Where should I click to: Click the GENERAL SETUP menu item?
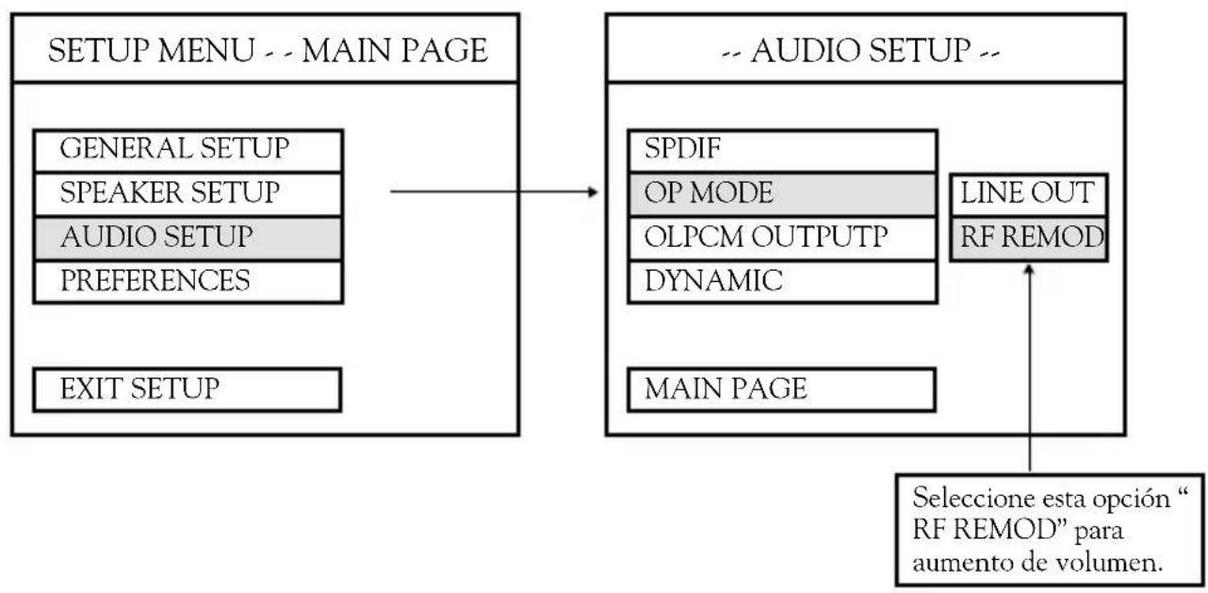point(188,151)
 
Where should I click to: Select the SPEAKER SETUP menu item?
point(188,194)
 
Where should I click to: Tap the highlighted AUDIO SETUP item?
point(188,239)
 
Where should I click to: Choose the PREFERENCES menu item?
point(188,282)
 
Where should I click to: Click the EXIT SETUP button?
point(188,389)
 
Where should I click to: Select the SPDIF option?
point(782,151)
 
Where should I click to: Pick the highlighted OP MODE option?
point(782,194)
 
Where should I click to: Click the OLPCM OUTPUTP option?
point(782,239)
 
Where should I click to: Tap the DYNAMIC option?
point(782,282)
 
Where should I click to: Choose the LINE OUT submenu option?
point(1028,195)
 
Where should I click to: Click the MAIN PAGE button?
point(782,389)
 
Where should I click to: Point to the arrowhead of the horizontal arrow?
point(594,191)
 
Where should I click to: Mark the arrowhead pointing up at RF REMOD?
point(1029,269)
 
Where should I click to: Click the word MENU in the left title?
point(206,51)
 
